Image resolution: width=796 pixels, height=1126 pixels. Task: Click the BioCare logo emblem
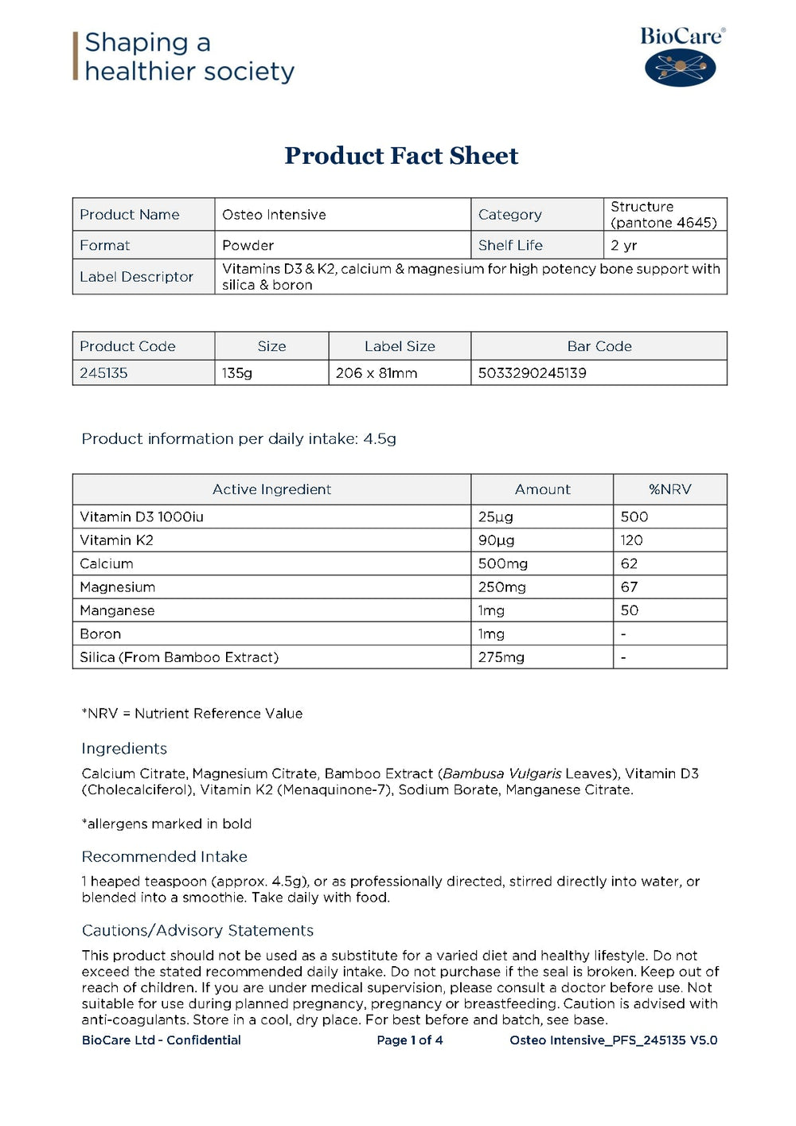click(x=680, y=67)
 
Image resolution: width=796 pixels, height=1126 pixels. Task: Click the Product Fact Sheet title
click(x=401, y=155)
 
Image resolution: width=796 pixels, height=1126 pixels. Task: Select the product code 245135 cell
click(x=103, y=373)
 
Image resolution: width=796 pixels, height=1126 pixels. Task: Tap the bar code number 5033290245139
click(x=532, y=373)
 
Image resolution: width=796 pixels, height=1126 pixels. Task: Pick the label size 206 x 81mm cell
click(x=377, y=373)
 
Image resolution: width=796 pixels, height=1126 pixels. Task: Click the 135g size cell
click(x=237, y=373)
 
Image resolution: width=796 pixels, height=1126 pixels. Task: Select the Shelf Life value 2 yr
click(x=623, y=245)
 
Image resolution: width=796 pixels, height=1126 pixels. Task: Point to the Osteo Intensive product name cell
click(x=274, y=215)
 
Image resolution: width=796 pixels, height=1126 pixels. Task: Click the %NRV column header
click(x=669, y=489)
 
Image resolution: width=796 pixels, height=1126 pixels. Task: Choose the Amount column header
click(x=542, y=489)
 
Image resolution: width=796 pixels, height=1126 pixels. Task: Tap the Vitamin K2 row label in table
click(x=116, y=540)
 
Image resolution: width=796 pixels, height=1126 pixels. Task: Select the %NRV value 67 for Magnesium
click(x=629, y=587)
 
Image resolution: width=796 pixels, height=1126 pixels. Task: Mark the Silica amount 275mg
click(x=501, y=657)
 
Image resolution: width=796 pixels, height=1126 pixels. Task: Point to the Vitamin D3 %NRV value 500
click(x=634, y=517)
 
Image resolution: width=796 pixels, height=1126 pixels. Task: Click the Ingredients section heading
click(x=124, y=749)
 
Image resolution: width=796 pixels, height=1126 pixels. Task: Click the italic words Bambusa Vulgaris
click(x=501, y=773)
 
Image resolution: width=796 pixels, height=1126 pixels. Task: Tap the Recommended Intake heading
click(x=164, y=857)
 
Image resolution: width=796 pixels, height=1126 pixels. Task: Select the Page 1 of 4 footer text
click(x=409, y=1040)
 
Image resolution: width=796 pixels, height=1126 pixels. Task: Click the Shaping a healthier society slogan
click(x=189, y=57)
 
